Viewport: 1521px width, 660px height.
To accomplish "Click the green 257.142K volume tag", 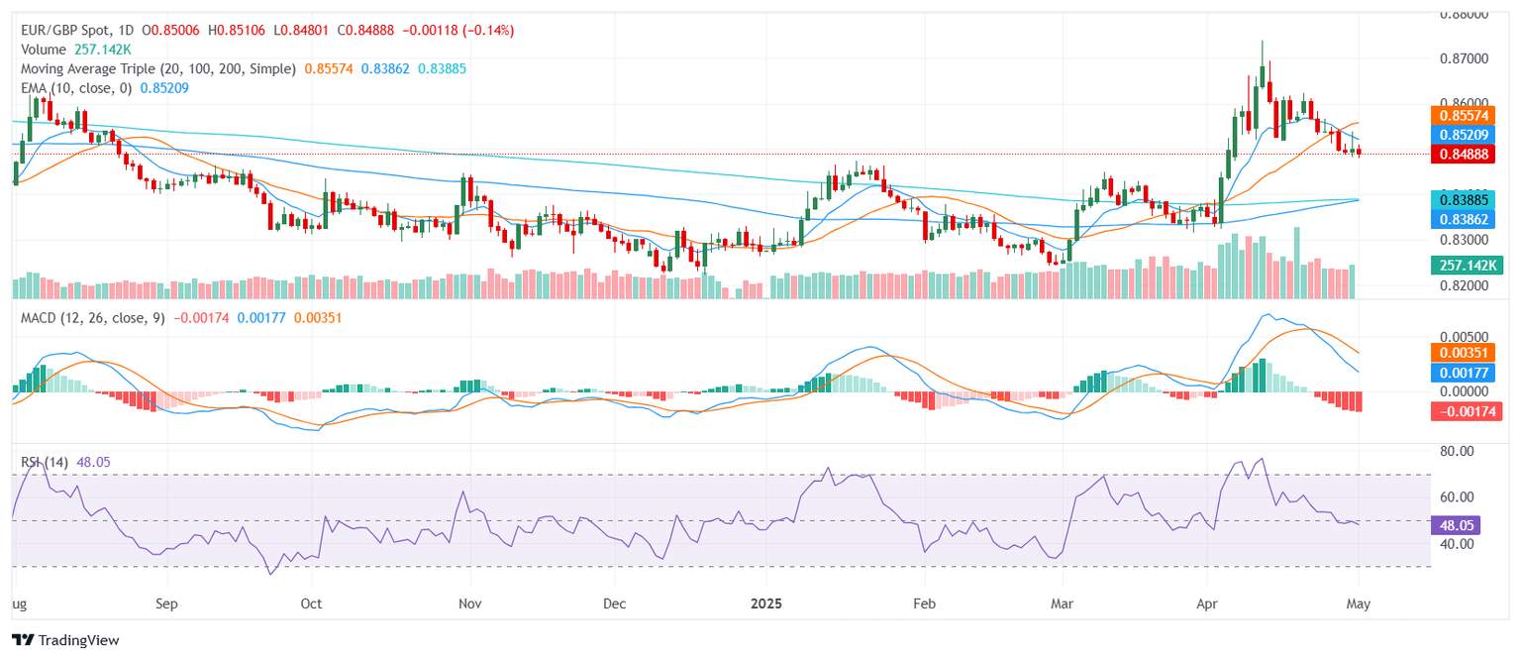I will click(1467, 266).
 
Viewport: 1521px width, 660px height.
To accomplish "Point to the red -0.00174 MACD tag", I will click(1467, 411).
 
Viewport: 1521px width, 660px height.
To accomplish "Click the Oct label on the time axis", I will click(311, 603).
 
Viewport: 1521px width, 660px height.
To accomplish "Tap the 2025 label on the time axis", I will click(766, 603).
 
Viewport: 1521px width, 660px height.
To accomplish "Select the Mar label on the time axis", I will click(1063, 603).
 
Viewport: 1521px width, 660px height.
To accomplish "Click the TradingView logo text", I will click(65, 640).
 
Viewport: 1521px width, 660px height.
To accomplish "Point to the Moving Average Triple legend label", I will click(158, 68).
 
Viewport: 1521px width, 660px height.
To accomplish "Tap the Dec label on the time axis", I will click(614, 603).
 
